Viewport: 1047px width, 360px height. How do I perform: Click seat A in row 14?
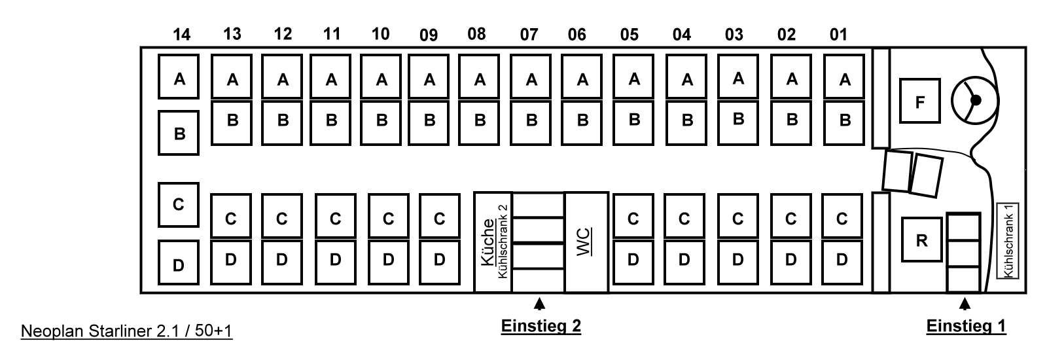(x=179, y=79)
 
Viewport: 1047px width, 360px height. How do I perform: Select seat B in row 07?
(x=531, y=121)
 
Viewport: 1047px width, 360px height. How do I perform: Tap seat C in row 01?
(x=842, y=218)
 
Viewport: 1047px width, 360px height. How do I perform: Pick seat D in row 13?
(x=230, y=260)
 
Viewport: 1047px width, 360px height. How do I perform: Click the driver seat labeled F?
(x=919, y=101)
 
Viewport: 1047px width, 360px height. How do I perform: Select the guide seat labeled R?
(x=922, y=240)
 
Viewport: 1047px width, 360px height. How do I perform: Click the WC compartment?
(x=586, y=242)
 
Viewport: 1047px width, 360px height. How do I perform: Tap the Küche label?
(x=488, y=242)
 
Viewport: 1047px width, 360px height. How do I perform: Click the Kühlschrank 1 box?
(x=1008, y=240)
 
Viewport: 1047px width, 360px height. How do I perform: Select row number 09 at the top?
(x=429, y=35)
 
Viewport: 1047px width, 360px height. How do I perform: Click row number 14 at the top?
(x=181, y=35)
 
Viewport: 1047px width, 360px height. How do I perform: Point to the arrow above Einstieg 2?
(x=539, y=303)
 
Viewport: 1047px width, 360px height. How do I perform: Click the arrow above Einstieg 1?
(x=965, y=303)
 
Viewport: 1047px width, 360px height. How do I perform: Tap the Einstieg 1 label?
(x=966, y=326)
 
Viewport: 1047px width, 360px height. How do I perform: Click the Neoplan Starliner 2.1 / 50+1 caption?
(x=127, y=332)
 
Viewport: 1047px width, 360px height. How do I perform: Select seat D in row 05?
(x=633, y=260)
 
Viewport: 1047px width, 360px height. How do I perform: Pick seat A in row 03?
(x=739, y=79)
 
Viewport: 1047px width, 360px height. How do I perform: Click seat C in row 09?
(x=439, y=218)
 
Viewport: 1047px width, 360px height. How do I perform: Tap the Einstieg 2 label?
(x=541, y=326)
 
